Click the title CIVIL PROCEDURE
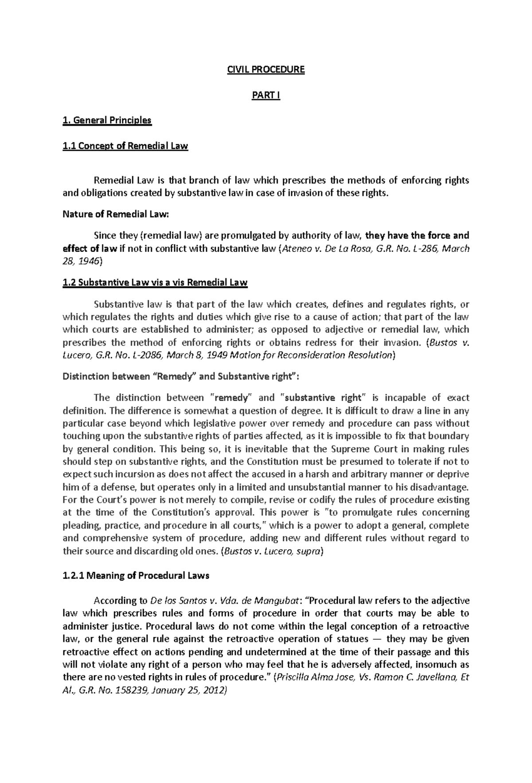coord(266,70)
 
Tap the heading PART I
coord(266,95)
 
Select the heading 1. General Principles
coord(107,120)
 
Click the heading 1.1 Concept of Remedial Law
coord(125,146)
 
